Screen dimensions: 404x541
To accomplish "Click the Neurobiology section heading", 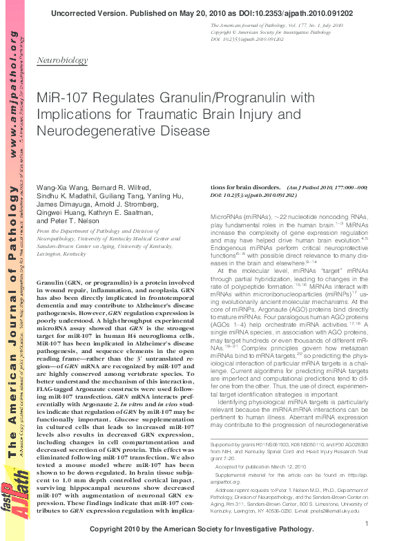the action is pyautogui.click(x=61, y=61).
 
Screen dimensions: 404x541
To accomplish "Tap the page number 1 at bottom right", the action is pyautogui.click(x=365, y=524).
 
